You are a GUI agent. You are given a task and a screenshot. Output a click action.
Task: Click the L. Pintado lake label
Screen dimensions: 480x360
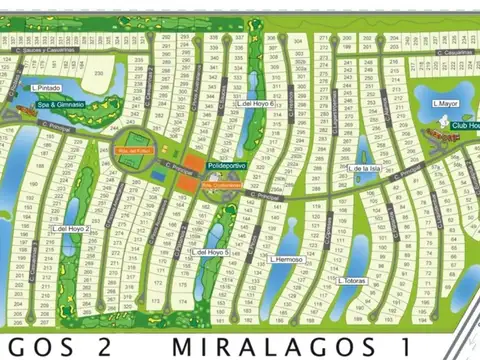[x=47, y=88]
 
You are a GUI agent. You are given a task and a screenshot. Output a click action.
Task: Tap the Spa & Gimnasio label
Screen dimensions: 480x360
[x=57, y=104]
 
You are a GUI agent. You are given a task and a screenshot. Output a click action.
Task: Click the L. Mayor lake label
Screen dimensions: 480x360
[x=446, y=103]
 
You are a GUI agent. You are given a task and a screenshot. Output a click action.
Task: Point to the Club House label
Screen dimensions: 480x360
[x=465, y=126]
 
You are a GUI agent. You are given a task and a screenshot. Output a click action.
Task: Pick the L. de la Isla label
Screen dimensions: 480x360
[x=366, y=169]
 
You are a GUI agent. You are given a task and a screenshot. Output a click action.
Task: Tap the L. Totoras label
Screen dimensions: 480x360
[x=354, y=280]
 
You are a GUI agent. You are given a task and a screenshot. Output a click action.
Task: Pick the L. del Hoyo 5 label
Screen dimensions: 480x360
[x=213, y=252]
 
